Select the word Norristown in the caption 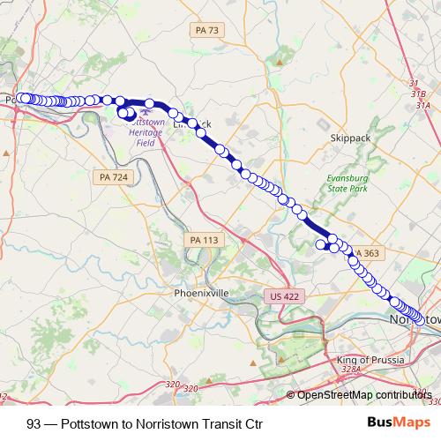[175, 422]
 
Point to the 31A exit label [430, 100]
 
